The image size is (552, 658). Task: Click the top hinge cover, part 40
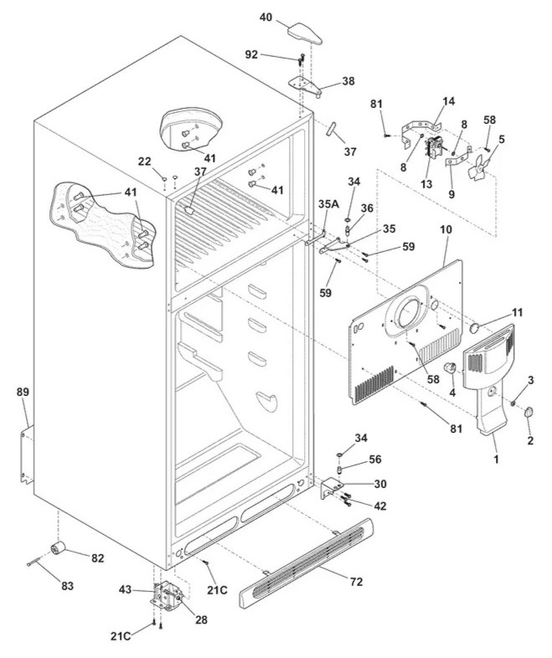pos(305,33)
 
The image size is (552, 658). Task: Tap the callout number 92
pos(251,54)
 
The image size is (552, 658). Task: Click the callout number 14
pos(449,101)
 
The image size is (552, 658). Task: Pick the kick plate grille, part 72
pos(307,563)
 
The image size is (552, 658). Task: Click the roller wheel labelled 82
pos(59,547)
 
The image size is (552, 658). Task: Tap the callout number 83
pos(68,586)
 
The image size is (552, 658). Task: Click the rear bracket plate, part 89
pos(27,455)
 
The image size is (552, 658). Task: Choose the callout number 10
pos(446,230)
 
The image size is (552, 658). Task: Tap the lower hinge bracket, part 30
pos(332,489)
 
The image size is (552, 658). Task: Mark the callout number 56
pos(375,460)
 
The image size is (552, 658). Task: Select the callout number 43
pos(125,589)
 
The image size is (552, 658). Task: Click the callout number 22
pos(144,161)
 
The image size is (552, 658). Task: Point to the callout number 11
pos(517,312)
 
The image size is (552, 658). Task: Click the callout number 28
pos(201,619)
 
